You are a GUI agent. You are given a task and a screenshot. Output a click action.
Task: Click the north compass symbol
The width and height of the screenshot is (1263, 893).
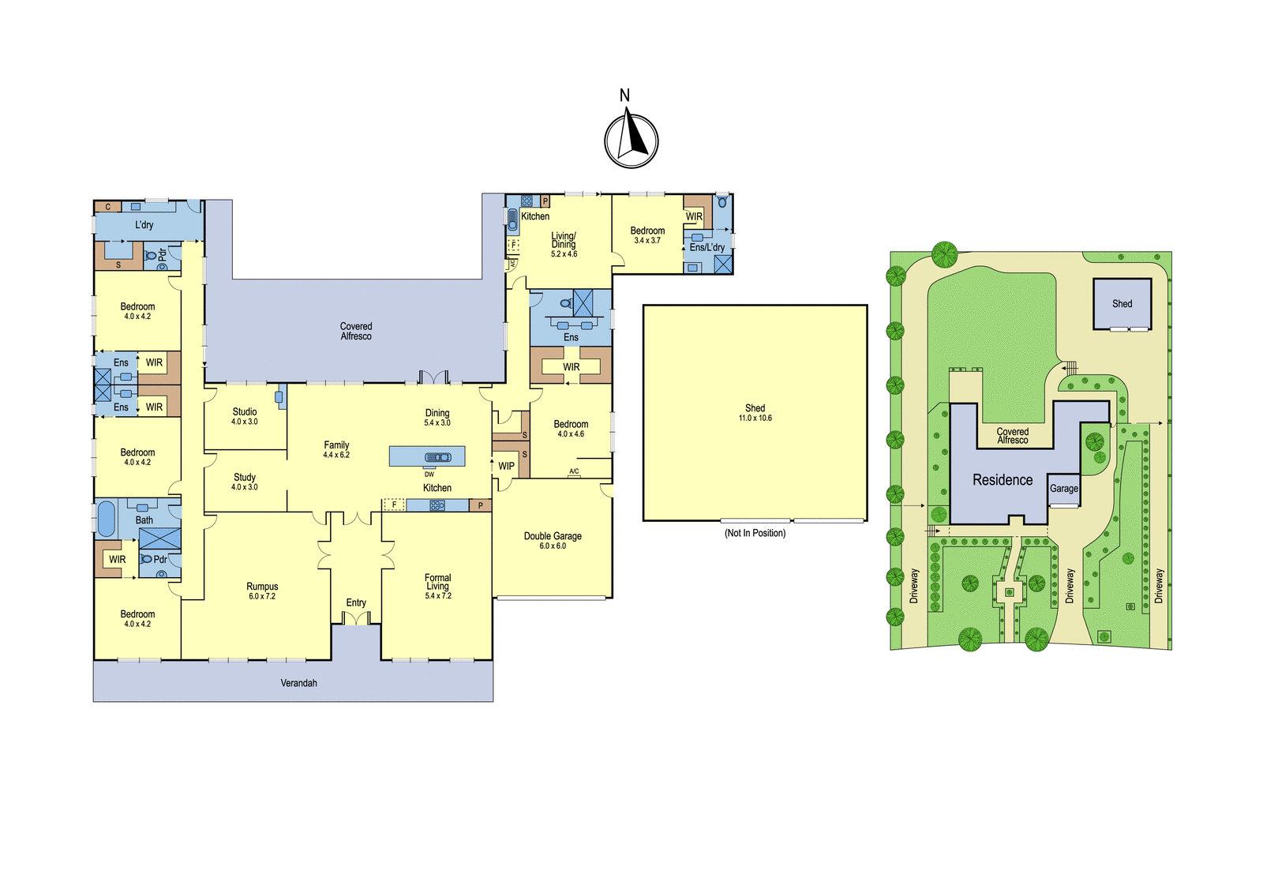631,141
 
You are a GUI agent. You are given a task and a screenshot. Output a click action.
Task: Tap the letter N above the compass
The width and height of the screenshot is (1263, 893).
624,96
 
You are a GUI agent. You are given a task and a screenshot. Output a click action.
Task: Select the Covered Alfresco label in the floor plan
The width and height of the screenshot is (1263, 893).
356,331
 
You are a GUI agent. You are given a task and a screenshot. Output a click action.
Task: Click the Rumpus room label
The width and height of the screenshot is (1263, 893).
262,586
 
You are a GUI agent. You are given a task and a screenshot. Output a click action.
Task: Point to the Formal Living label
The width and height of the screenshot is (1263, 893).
437,582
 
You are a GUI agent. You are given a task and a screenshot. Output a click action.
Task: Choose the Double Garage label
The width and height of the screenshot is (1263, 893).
553,536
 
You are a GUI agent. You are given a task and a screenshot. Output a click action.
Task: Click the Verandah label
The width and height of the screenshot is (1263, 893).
299,683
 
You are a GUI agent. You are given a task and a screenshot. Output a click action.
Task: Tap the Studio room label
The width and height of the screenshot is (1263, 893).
245,412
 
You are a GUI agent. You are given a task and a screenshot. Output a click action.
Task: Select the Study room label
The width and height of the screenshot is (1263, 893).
245,478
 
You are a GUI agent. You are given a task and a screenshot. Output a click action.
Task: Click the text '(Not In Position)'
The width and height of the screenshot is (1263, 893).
755,533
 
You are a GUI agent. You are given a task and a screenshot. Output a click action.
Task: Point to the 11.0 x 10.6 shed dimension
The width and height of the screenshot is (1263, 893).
755,418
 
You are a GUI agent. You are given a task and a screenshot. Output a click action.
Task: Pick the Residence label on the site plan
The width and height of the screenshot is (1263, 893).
1003,480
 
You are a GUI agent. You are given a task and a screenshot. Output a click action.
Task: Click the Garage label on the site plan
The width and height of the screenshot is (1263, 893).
1064,489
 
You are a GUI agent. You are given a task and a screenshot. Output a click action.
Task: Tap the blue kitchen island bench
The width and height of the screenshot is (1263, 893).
427,456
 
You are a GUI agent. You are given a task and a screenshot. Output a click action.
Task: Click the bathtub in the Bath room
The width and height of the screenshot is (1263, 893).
107,519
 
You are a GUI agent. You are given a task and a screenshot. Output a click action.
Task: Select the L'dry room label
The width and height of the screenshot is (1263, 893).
144,225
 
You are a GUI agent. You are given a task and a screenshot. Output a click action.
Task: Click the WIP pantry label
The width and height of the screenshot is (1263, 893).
506,466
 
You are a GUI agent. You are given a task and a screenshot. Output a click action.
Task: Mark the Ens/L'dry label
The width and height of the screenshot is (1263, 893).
707,247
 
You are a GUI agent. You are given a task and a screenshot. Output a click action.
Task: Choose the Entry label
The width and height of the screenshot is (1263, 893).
356,602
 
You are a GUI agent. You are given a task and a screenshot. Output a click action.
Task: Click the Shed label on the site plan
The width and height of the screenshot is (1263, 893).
1122,303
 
